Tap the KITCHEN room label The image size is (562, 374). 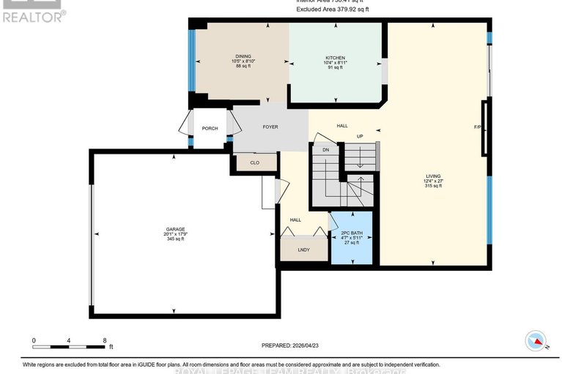click(335, 58)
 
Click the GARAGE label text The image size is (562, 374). click(174, 228)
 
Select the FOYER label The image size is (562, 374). click(270, 127)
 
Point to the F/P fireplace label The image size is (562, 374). click(478, 127)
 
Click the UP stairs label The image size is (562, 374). click(360, 137)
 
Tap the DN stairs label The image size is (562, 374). click(325, 150)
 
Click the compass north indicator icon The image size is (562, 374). click(536, 341)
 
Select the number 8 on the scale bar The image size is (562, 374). click(105, 341)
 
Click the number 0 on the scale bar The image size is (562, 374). click(34, 341)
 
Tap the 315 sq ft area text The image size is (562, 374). click(434, 187)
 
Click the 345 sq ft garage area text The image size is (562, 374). click(174, 239)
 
